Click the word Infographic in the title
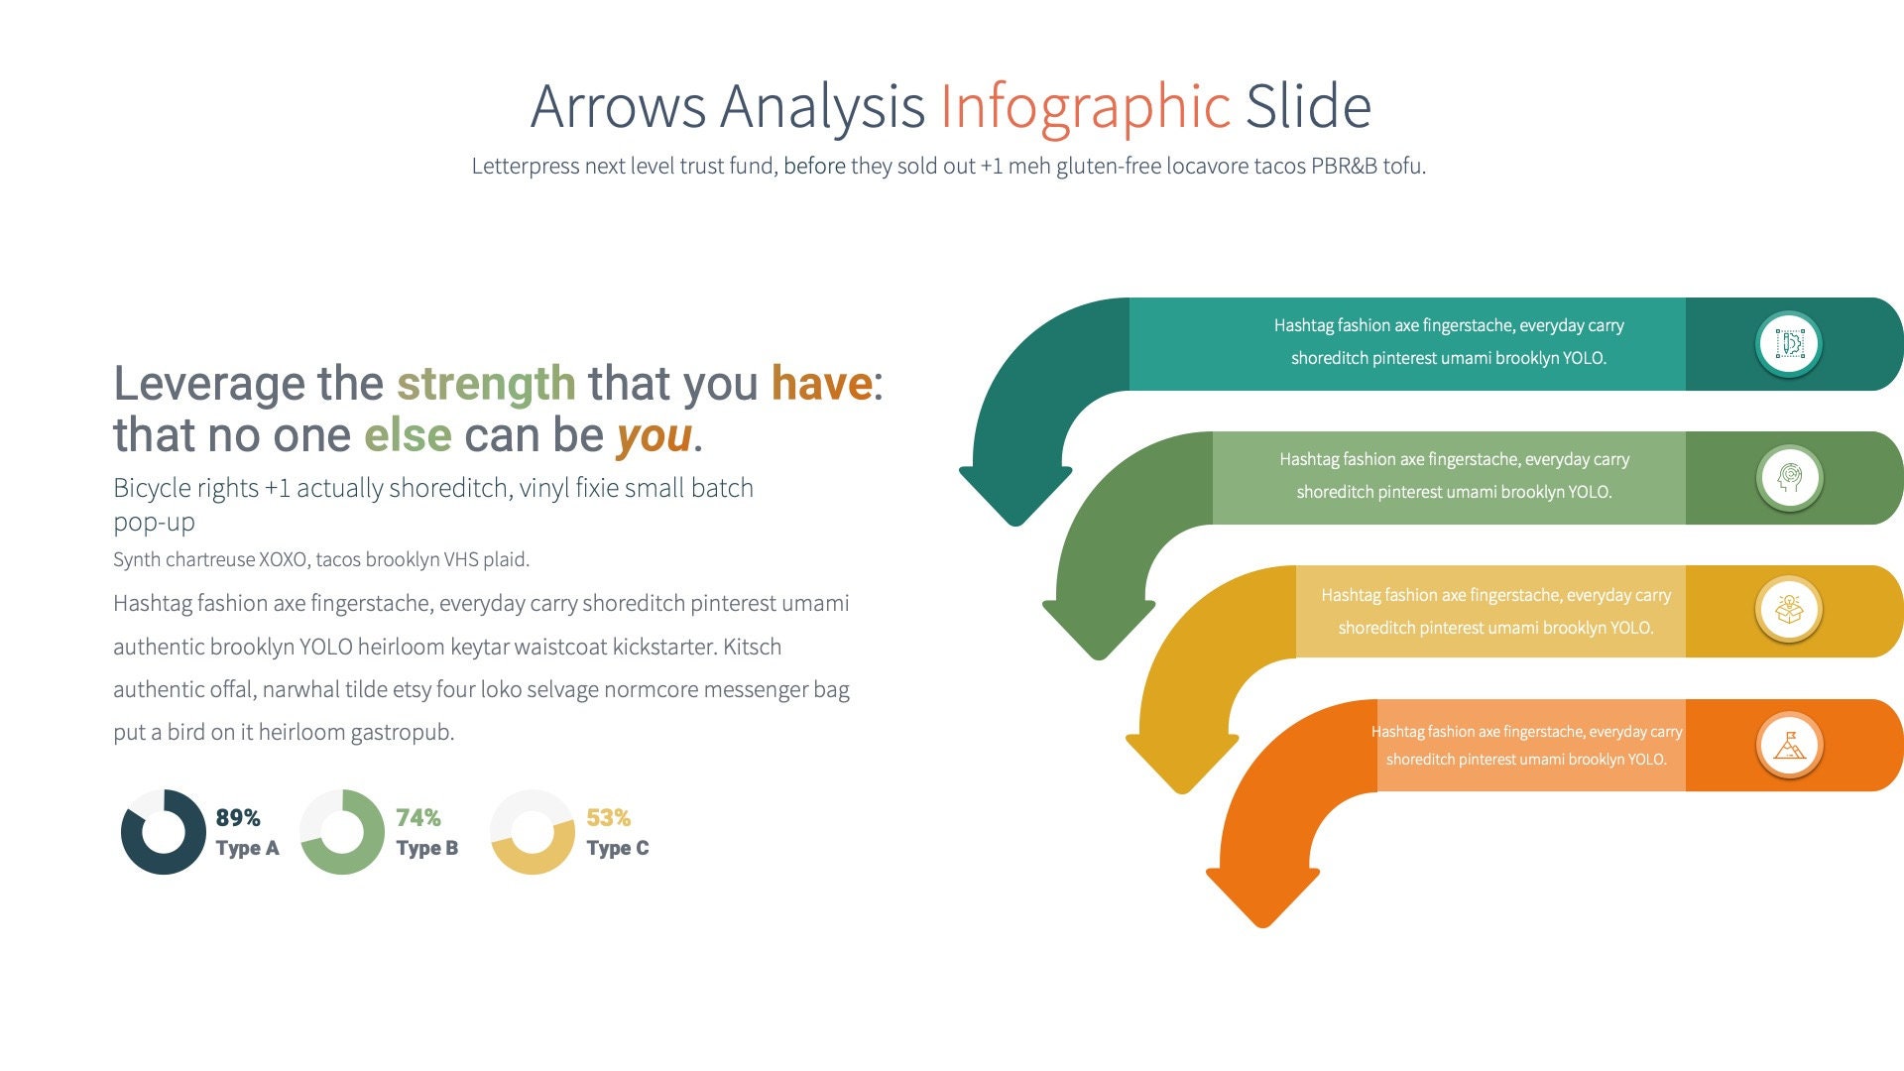tap(1085, 107)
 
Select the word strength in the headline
tap(486, 384)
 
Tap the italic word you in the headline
tap(654, 436)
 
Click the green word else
tap(408, 436)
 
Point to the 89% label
tap(238, 818)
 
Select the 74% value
tap(417, 818)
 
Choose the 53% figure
tap(608, 818)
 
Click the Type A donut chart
tap(163, 832)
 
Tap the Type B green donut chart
tap(342, 832)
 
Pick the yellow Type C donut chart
tap(533, 832)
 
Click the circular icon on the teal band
tap(1789, 344)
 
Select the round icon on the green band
tap(1789, 478)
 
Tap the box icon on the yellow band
tap(1789, 610)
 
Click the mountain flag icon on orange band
tap(1789, 745)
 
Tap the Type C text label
tap(617, 849)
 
